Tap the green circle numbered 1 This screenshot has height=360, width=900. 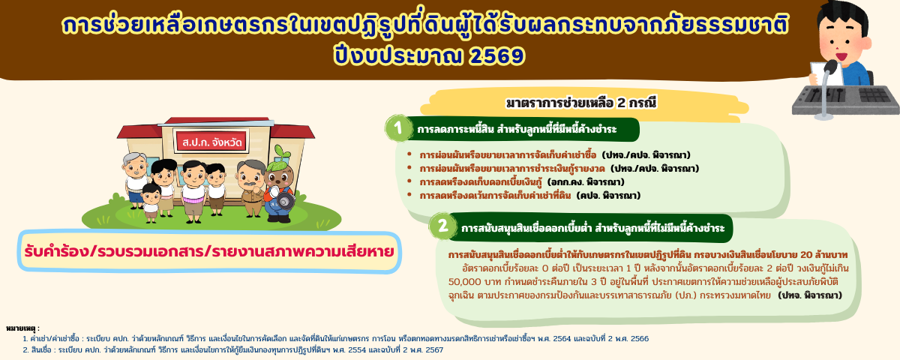(398, 128)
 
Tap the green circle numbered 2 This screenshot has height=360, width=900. (442, 226)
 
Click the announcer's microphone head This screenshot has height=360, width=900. (830, 67)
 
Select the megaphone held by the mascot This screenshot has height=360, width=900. (284, 201)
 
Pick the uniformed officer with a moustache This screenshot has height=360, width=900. (250, 184)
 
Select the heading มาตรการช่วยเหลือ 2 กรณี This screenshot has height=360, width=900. (580, 102)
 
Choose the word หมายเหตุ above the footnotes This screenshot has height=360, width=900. (22, 328)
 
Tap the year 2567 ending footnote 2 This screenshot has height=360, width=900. (433, 349)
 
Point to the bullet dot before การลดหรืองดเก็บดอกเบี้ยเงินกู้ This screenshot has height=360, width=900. (409, 181)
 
